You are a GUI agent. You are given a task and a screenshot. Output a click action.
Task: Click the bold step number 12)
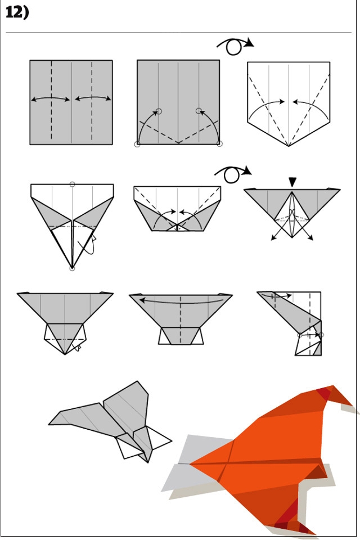click(17, 12)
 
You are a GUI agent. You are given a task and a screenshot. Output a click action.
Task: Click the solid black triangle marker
click(292, 182)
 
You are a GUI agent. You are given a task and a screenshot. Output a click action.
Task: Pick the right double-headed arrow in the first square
click(93, 98)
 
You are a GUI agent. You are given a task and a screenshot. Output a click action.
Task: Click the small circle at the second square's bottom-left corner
click(137, 145)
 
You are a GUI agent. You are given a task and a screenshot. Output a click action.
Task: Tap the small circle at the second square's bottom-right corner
click(220, 144)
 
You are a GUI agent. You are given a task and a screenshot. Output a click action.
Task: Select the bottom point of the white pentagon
click(289, 146)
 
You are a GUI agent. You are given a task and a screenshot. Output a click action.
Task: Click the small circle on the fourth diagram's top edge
click(73, 184)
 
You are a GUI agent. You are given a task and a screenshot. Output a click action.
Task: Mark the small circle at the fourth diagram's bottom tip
click(72, 268)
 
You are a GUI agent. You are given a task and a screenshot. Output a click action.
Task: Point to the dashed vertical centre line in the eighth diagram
click(181, 319)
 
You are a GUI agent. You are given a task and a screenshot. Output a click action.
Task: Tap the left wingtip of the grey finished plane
click(49, 424)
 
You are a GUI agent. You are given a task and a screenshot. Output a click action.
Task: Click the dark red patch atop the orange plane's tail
click(324, 393)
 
